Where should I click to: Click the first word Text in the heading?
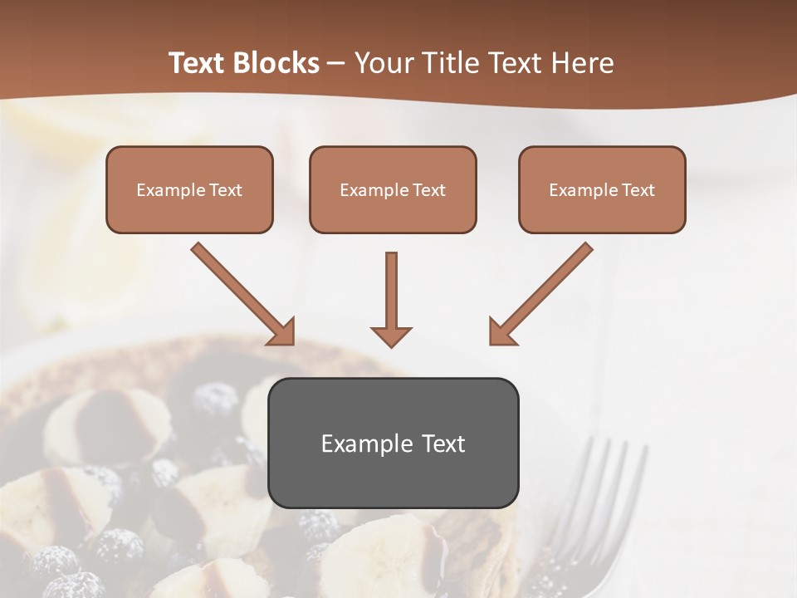(x=198, y=63)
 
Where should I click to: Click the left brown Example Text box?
(x=189, y=190)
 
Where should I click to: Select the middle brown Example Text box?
(x=393, y=190)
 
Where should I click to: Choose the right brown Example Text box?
(x=602, y=190)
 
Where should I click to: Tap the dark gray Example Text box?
(x=393, y=444)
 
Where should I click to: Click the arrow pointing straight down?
(x=391, y=295)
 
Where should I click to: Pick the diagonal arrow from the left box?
(x=241, y=292)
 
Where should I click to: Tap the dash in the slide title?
(x=336, y=63)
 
